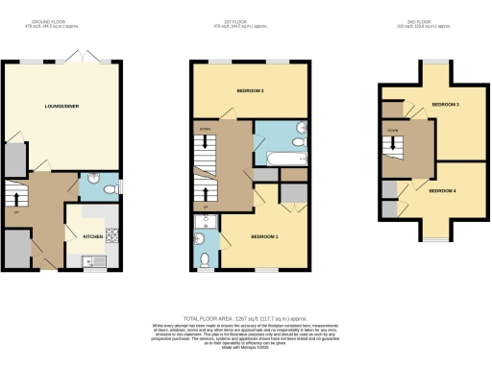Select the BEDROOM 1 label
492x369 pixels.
(x=264, y=236)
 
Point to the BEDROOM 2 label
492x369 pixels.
(x=251, y=91)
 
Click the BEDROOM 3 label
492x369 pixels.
(x=445, y=104)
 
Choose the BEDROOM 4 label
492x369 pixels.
(x=442, y=191)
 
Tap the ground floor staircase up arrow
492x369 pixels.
(x=14, y=199)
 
